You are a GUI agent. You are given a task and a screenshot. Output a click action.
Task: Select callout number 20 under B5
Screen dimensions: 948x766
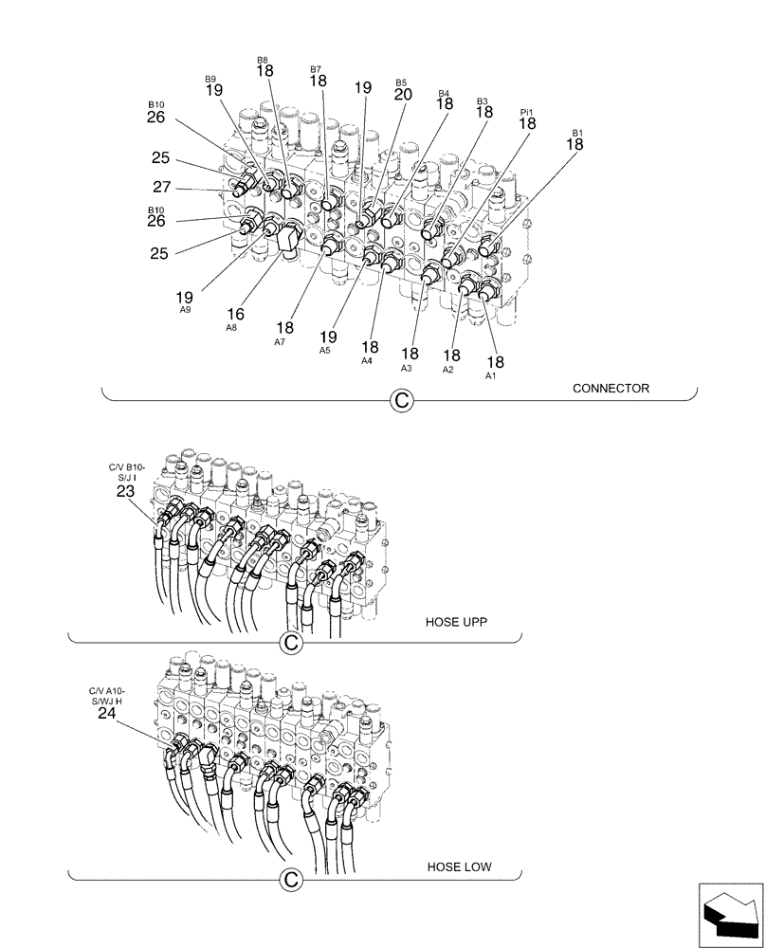[x=402, y=95]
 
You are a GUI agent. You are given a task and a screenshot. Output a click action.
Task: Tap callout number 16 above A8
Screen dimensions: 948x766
[x=235, y=314]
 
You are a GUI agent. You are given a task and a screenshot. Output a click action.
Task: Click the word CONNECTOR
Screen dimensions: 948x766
[x=611, y=388]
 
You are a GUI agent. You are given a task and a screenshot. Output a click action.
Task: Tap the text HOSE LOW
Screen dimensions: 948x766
[x=459, y=866]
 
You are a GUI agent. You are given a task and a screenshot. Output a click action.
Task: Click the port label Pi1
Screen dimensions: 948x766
[x=527, y=112]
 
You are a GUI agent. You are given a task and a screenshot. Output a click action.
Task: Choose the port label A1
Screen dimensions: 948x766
[x=490, y=375]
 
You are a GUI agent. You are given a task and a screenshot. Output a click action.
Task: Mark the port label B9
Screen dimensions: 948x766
[x=211, y=79]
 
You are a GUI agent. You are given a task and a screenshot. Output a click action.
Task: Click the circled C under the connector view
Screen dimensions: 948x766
[x=402, y=402]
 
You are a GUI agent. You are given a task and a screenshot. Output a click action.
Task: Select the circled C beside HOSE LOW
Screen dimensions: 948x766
[x=292, y=881]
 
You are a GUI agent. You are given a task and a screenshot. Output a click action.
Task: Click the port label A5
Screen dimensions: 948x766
[x=325, y=349]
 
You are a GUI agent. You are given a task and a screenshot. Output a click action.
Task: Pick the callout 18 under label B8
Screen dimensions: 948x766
[x=264, y=71]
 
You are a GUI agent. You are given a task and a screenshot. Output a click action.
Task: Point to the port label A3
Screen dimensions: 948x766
[x=406, y=367]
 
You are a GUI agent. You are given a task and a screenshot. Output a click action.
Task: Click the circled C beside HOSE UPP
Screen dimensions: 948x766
[x=292, y=644]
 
